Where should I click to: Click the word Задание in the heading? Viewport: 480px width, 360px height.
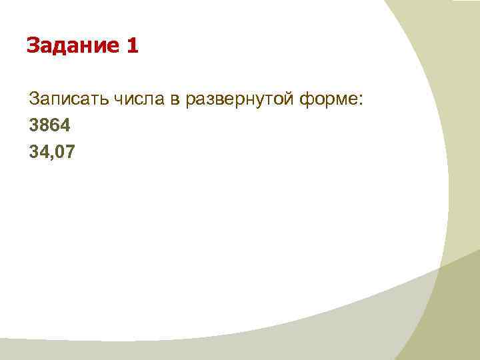tap(73, 46)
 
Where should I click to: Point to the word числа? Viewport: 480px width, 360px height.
tap(137, 100)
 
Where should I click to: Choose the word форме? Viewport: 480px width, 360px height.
tap(333, 100)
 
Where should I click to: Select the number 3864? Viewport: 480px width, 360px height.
tap(49, 126)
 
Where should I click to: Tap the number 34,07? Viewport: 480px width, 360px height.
tap(53, 153)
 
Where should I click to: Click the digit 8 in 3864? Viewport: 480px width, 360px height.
tap(44, 126)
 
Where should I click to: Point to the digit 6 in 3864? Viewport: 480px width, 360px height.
tap(54, 126)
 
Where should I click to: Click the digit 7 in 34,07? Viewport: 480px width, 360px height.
tap(71, 153)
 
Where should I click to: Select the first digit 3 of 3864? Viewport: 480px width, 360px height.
tap(34, 126)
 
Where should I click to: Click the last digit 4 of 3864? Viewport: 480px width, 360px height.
tap(64, 126)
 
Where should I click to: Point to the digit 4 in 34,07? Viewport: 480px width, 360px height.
tap(44, 153)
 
